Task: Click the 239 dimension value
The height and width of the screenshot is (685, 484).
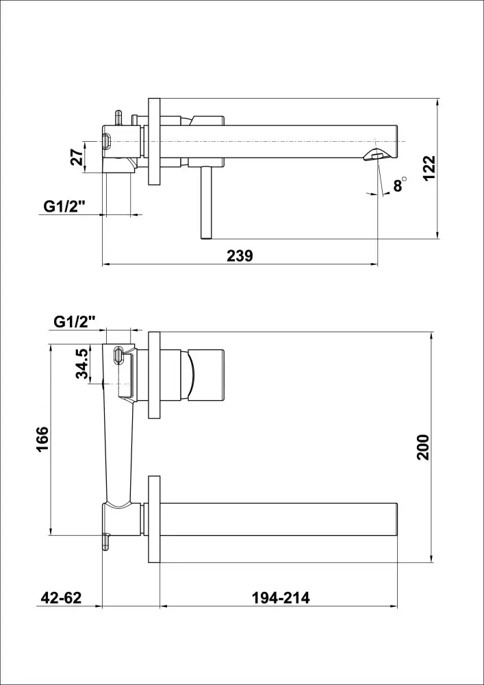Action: coord(240,256)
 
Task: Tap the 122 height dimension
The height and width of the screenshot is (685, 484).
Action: coord(429,169)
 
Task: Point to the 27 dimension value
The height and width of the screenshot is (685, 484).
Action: coord(77,157)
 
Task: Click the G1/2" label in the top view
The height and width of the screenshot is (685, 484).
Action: coord(64,207)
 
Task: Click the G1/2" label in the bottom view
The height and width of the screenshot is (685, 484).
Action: coord(75,322)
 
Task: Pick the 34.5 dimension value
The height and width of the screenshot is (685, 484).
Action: coord(82,364)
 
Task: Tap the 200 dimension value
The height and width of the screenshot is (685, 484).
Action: coord(423,447)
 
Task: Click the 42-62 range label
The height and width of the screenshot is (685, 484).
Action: coord(62,597)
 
